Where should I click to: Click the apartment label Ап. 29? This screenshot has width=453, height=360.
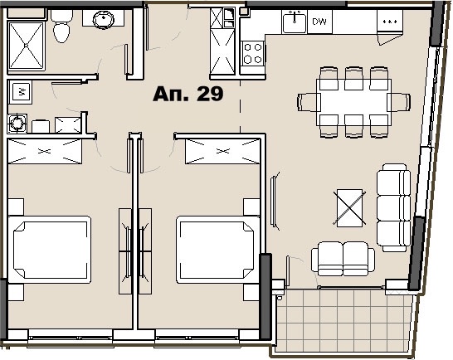(x=188, y=94)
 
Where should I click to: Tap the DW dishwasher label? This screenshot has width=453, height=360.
(x=319, y=22)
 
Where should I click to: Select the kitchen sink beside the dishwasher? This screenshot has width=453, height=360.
(x=295, y=22)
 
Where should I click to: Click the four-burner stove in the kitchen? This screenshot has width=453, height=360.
(x=253, y=54)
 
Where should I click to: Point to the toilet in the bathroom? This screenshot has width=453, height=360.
(x=61, y=26)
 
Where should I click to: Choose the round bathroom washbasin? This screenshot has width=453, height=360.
(x=104, y=19)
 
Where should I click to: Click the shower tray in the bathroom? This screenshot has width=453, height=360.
(x=27, y=46)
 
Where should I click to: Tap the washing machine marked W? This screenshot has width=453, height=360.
(x=20, y=92)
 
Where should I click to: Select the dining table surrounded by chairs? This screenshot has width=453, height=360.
(x=354, y=102)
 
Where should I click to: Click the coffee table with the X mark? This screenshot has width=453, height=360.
(x=349, y=207)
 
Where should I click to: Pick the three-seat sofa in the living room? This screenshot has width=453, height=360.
(x=393, y=207)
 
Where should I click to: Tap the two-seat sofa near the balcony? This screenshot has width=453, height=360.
(x=343, y=259)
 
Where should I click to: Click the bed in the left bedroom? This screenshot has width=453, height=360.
(x=50, y=250)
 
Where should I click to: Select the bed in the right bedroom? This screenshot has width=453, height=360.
(x=218, y=250)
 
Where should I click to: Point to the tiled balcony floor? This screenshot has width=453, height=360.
(x=343, y=320)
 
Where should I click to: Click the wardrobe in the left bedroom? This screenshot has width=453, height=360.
(x=45, y=152)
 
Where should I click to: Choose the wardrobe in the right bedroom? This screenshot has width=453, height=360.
(x=222, y=152)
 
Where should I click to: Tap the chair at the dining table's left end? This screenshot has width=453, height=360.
(x=309, y=102)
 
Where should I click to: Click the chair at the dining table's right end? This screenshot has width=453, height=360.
(x=399, y=102)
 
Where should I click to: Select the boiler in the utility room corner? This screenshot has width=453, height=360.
(x=17, y=124)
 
